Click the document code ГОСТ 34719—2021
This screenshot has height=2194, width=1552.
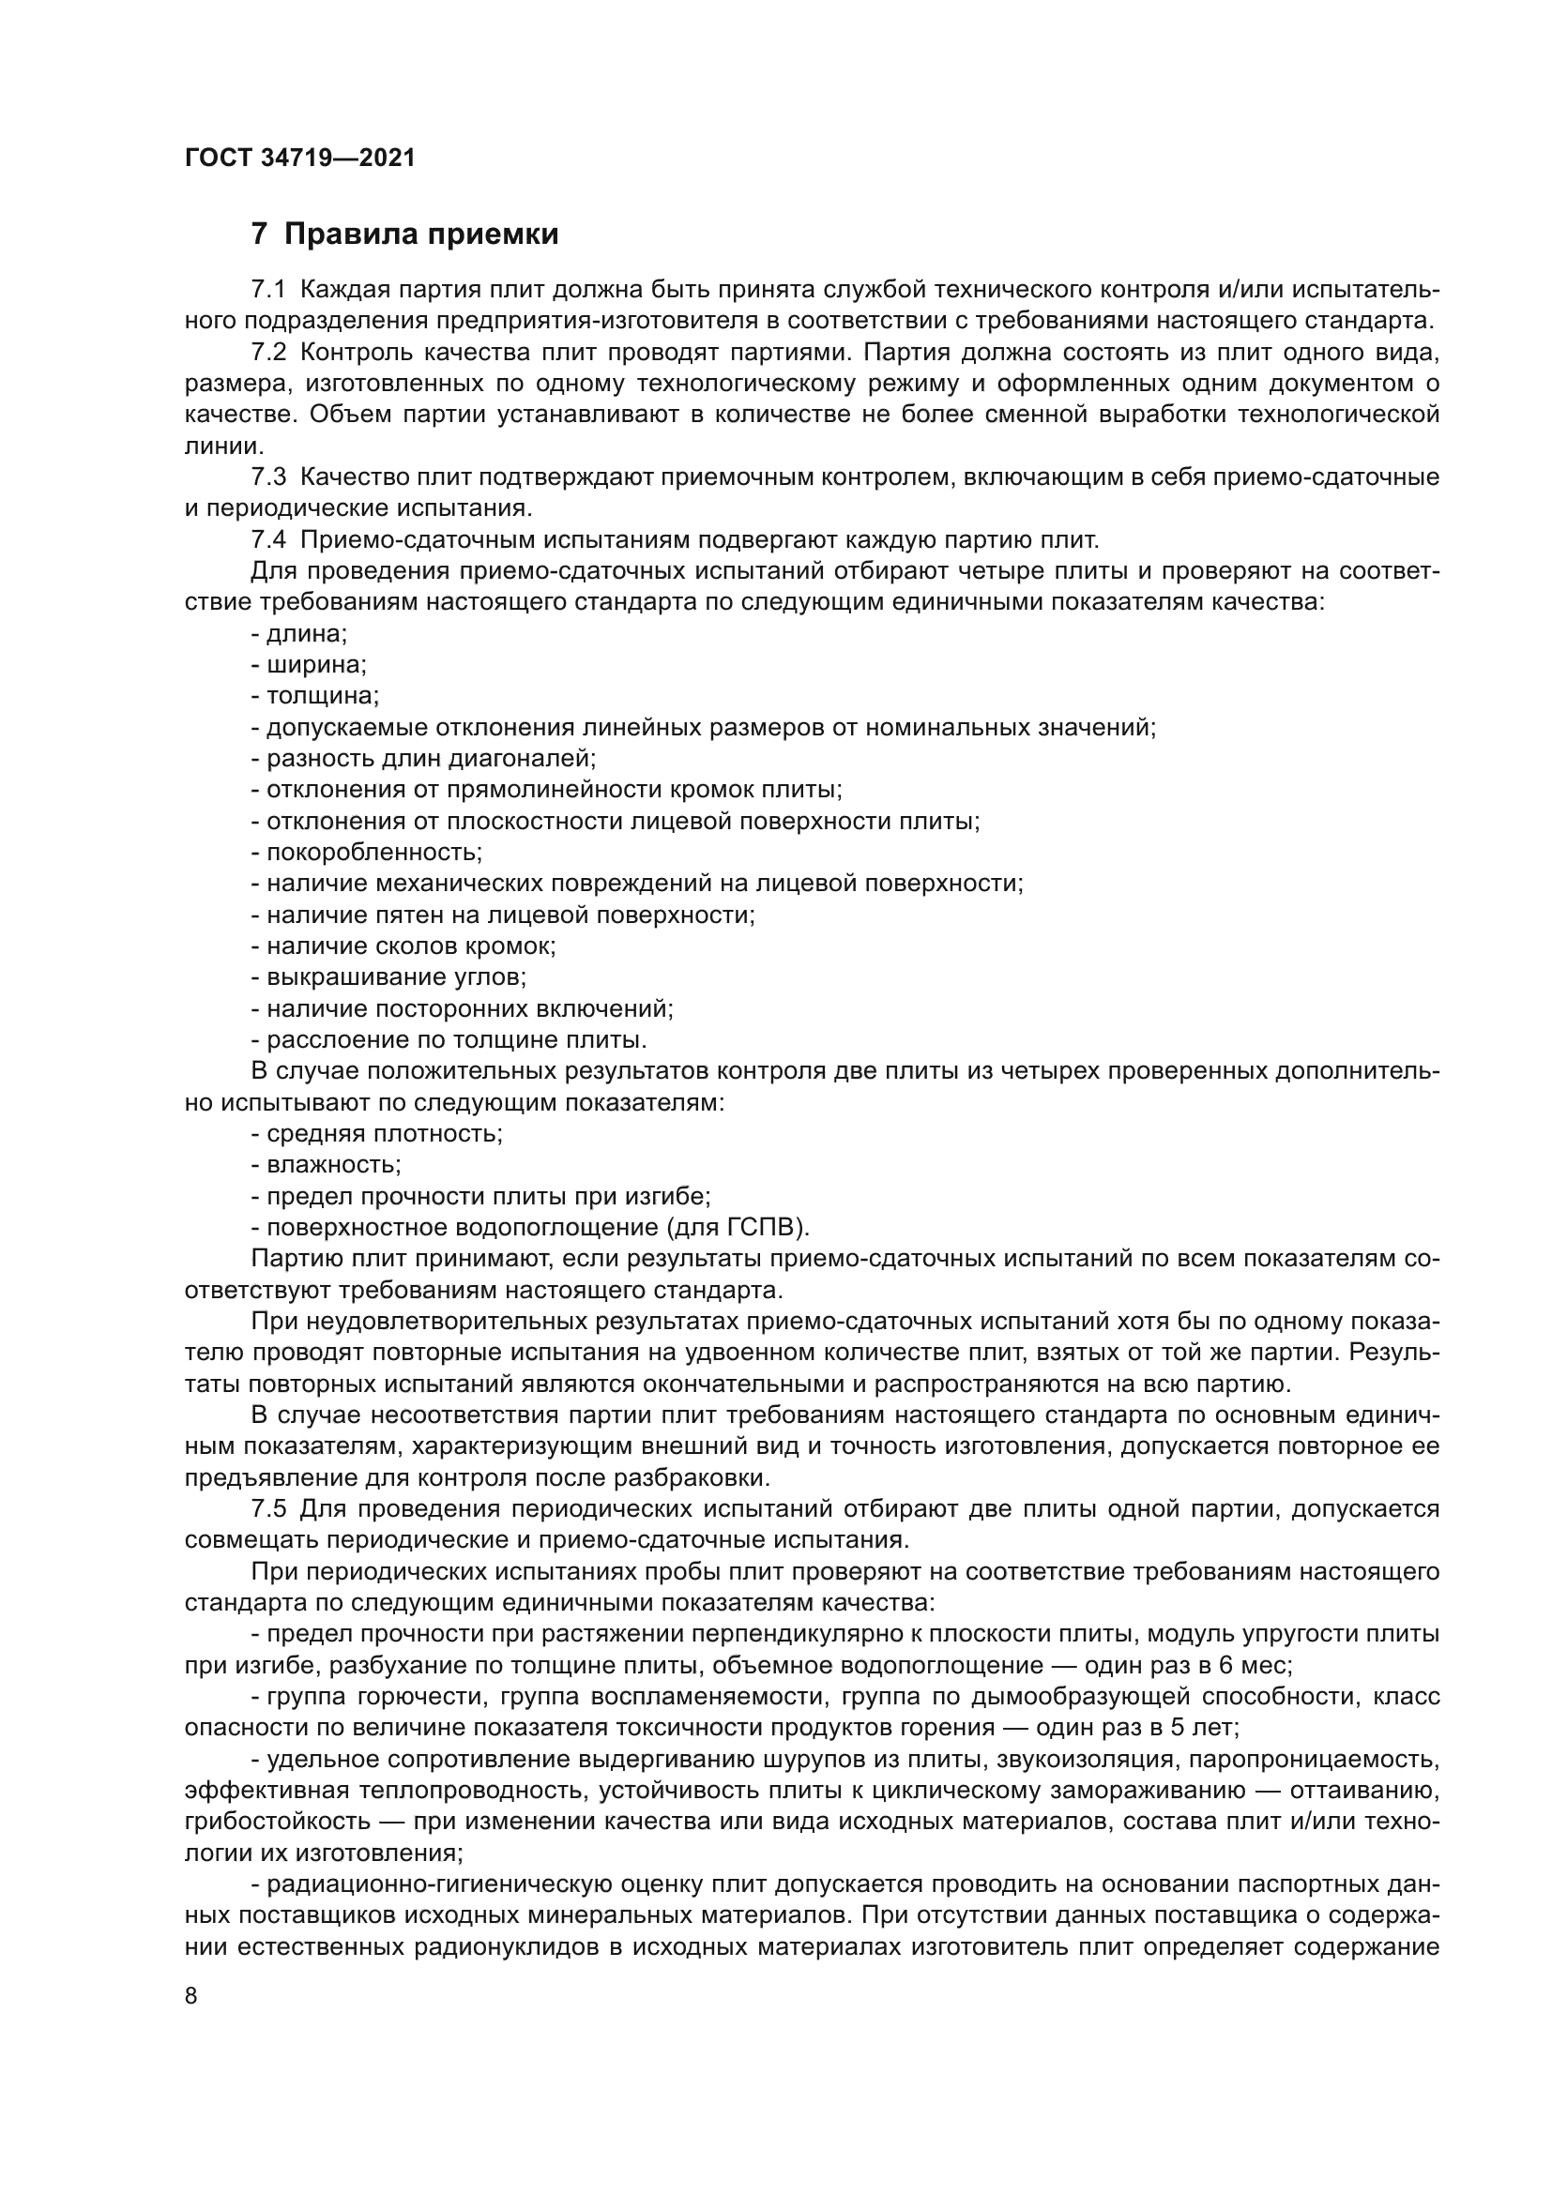(x=300, y=158)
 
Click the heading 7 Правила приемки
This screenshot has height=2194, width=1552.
(x=404, y=235)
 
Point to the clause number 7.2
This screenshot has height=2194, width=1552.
(x=267, y=352)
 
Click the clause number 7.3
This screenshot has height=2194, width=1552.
(x=267, y=477)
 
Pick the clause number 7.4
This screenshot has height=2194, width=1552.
(x=267, y=540)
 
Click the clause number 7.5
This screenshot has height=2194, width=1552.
(x=267, y=1509)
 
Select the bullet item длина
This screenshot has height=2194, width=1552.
(x=305, y=633)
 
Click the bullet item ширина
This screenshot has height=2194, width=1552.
(x=314, y=664)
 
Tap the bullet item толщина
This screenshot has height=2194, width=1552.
(x=321, y=696)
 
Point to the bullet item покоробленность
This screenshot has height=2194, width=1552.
(x=373, y=852)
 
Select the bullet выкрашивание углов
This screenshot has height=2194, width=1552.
(x=395, y=976)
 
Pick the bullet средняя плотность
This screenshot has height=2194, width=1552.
(x=382, y=1133)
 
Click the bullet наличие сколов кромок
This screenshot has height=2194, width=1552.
(x=409, y=946)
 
